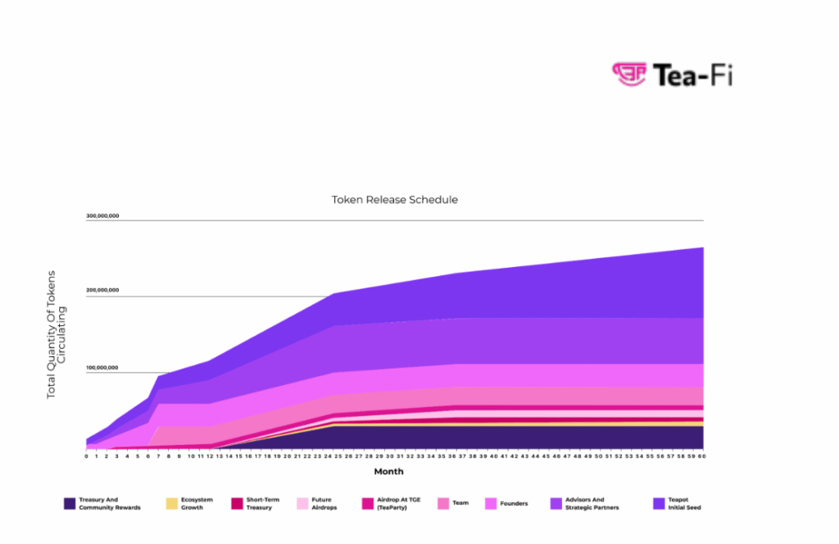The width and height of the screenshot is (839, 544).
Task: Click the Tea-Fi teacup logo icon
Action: (x=629, y=74)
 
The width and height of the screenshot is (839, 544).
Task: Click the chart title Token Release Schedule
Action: (x=394, y=199)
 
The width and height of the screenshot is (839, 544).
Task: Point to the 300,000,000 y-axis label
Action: (x=102, y=216)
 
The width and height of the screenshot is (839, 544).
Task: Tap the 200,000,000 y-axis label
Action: (x=102, y=290)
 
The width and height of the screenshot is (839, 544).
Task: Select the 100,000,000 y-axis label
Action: (x=102, y=368)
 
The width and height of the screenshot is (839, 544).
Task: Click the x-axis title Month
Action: (x=388, y=472)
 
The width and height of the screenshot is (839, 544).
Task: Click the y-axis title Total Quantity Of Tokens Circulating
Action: (x=56, y=333)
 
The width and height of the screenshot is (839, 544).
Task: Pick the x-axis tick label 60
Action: (x=702, y=456)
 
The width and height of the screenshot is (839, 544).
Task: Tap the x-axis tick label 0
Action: (x=86, y=456)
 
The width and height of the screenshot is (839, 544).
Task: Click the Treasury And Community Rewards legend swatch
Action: (x=70, y=503)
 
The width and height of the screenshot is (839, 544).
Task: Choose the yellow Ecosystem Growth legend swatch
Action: (x=172, y=503)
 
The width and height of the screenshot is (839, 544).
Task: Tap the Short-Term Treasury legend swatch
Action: (x=238, y=503)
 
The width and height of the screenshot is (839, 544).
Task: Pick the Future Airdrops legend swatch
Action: (x=302, y=503)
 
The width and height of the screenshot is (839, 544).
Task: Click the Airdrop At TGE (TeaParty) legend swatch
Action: (x=367, y=503)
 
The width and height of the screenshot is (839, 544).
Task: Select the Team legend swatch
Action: (x=443, y=503)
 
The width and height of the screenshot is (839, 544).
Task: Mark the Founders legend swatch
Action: (x=492, y=503)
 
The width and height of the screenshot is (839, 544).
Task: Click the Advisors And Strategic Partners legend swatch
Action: (x=556, y=503)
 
